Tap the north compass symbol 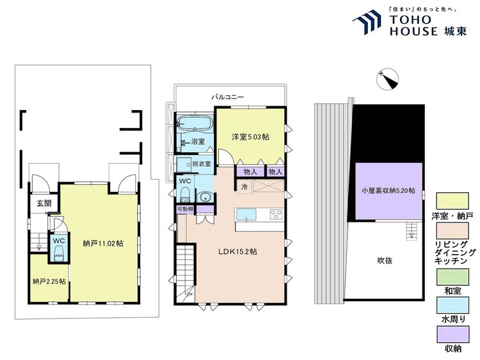(x=387, y=79)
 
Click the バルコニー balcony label (x=228, y=98)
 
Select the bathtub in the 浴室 (x=195, y=123)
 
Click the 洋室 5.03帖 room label (x=250, y=137)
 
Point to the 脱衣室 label (x=202, y=164)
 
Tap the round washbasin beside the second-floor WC (x=204, y=197)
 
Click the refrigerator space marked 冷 (x=244, y=187)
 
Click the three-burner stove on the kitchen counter (x=276, y=214)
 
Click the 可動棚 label (x=185, y=209)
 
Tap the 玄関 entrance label (x=44, y=203)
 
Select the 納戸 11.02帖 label (x=103, y=244)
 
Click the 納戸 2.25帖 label (x=49, y=281)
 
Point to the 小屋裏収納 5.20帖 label (x=388, y=191)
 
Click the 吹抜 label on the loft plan (x=385, y=261)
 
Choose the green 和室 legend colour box (x=452, y=277)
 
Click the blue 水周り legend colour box (x=452, y=306)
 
